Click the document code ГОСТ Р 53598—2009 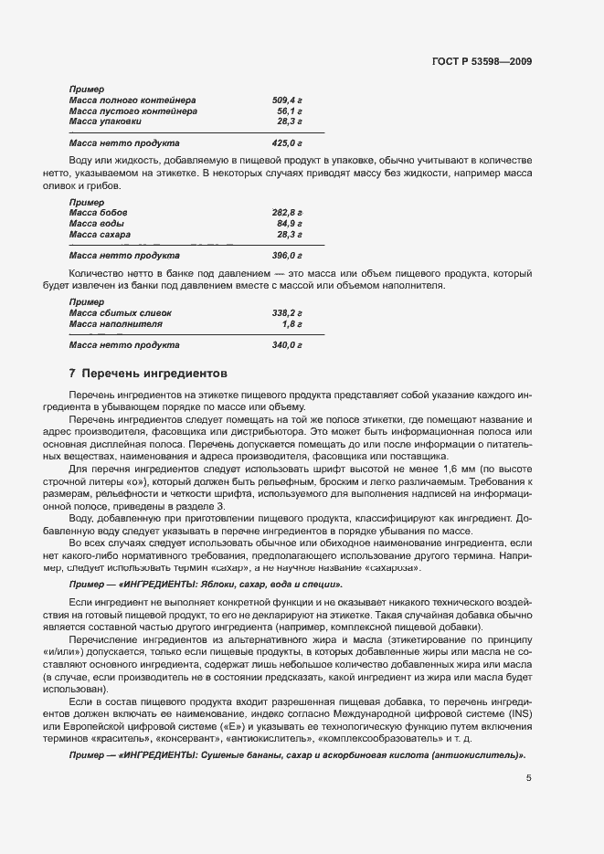point(481,61)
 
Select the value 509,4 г point(287,100)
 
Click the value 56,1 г point(290,111)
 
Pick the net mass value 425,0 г point(287,143)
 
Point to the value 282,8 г point(287,212)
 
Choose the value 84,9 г point(290,223)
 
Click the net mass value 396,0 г point(287,256)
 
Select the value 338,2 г point(287,313)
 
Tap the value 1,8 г point(292,324)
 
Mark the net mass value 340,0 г point(287,346)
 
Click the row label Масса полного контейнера point(132,100)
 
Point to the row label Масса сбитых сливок point(120,313)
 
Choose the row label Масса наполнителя point(116,324)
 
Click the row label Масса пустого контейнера point(132,111)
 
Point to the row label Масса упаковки point(105,121)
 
